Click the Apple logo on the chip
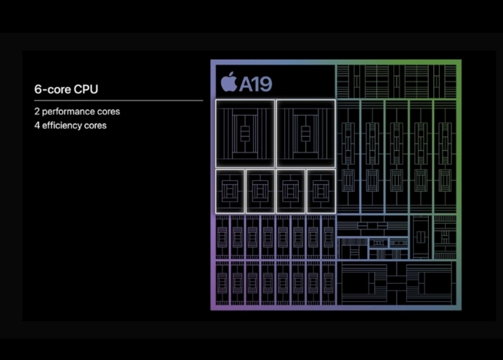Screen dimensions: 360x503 click(x=229, y=82)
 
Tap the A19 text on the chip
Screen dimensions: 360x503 click(x=255, y=84)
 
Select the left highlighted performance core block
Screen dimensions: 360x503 click(x=245, y=133)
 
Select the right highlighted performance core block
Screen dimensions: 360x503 click(x=306, y=133)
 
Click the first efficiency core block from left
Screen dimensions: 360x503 click(x=230, y=191)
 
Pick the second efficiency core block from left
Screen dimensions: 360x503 click(x=260, y=191)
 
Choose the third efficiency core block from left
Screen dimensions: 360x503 click(x=291, y=191)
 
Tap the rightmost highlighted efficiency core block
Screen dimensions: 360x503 click(x=321, y=191)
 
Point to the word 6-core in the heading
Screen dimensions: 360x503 click(x=52, y=89)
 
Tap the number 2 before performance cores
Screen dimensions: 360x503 click(x=37, y=111)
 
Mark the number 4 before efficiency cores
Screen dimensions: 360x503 click(x=37, y=125)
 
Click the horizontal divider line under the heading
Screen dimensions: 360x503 click(x=119, y=101)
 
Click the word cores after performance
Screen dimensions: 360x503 click(x=109, y=111)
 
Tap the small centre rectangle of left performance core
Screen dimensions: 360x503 click(x=245, y=134)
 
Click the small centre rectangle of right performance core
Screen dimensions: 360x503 click(x=306, y=134)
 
